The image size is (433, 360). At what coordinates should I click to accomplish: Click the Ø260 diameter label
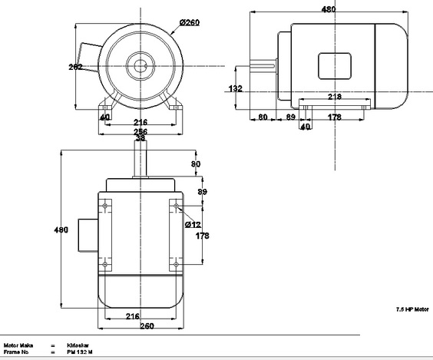pyautogui.click(x=190, y=22)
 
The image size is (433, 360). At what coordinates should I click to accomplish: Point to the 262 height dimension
pyautogui.click(x=75, y=67)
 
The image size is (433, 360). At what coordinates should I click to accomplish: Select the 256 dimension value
pyautogui.click(x=140, y=131)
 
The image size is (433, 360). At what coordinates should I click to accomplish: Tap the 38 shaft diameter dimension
pyautogui.click(x=140, y=138)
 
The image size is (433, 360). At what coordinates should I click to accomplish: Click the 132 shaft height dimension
pyautogui.click(x=236, y=89)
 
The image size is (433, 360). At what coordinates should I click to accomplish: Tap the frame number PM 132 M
pyautogui.click(x=80, y=354)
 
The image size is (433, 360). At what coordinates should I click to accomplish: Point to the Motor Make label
pyautogui.click(x=18, y=345)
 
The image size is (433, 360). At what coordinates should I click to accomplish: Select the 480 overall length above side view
pyautogui.click(x=328, y=9)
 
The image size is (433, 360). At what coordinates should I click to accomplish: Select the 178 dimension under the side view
pyautogui.click(x=334, y=117)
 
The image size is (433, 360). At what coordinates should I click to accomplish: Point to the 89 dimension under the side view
pyautogui.click(x=290, y=117)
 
